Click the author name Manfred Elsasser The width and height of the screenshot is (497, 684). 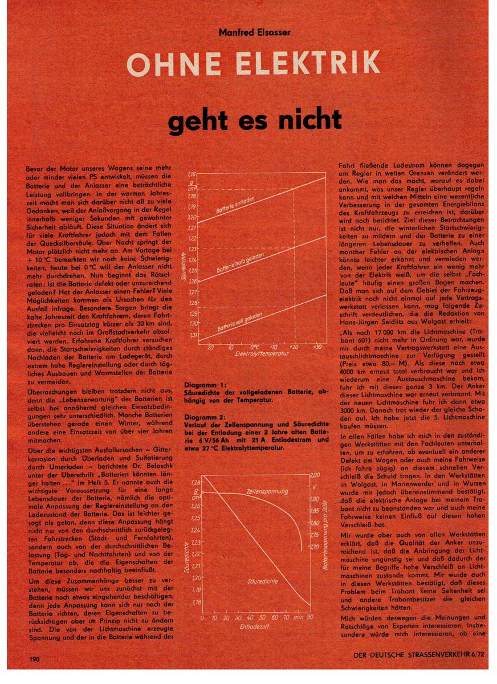pyautogui.click(x=254, y=32)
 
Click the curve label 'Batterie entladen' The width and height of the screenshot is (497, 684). pyautogui.click(x=235, y=206)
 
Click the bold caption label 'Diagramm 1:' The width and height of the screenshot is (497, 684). pyautogui.click(x=205, y=386)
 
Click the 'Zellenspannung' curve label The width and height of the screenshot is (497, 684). pyautogui.click(x=267, y=491)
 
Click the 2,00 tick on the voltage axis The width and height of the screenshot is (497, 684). pyautogui.click(x=314, y=475)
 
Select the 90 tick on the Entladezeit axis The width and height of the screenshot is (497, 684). pyautogui.click(x=309, y=617)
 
